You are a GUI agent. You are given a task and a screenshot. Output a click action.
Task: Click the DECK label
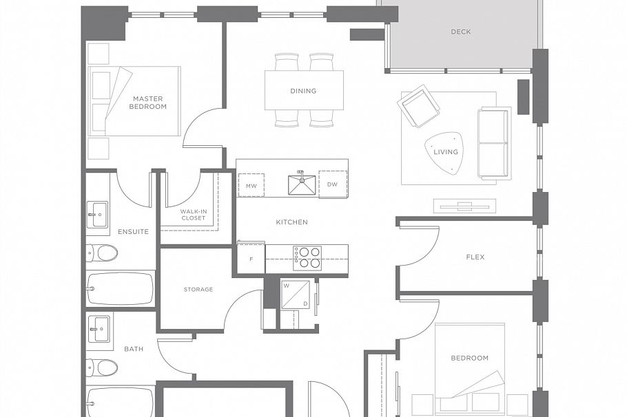[x=461, y=32]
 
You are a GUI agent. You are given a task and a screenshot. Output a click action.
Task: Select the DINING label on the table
[x=303, y=91]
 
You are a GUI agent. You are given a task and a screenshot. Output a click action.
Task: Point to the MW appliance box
[x=251, y=186]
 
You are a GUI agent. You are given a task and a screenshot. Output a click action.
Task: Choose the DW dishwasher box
[x=333, y=184]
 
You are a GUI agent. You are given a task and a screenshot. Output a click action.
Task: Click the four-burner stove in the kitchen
[x=307, y=258]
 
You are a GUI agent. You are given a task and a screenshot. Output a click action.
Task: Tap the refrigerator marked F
[x=251, y=259]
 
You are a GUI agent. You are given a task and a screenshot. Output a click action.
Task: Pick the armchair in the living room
[x=418, y=106]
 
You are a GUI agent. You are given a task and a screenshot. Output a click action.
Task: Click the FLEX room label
[x=475, y=257]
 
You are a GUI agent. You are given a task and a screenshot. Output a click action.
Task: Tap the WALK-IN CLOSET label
[x=193, y=215]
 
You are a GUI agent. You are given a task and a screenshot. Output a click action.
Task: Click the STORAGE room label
[x=198, y=290]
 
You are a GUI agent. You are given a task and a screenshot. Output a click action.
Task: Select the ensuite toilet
[x=101, y=253]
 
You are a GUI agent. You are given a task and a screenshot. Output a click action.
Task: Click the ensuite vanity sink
[x=97, y=214]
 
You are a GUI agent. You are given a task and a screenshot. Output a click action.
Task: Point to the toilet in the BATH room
[x=101, y=367]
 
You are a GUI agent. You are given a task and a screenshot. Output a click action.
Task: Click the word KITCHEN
[x=291, y=222]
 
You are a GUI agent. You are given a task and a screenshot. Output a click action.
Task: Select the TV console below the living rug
[x=464, y=205]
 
